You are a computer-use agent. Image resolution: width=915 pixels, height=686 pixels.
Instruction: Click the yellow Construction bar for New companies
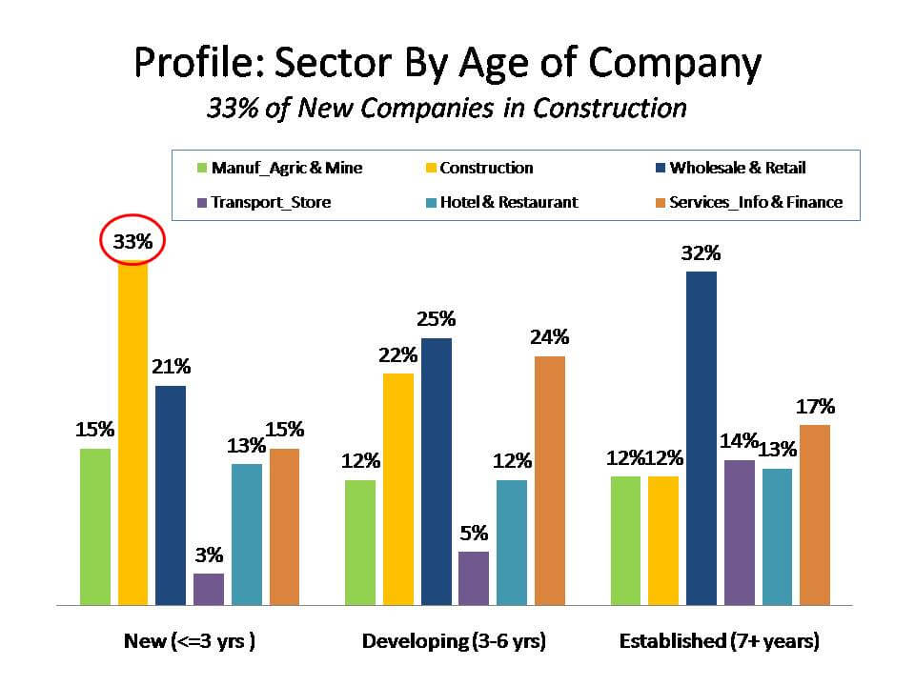pos(132,434)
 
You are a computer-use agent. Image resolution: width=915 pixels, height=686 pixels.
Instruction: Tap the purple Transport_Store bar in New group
pos(209,589)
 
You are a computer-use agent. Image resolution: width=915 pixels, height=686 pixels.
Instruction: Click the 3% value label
pos(209,555)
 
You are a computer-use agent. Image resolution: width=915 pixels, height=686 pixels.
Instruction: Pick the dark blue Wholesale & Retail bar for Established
pos(701,438)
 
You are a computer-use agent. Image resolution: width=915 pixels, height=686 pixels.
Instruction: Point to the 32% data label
pos(701,253)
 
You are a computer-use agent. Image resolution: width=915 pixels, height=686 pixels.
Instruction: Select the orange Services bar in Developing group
pos(549,480)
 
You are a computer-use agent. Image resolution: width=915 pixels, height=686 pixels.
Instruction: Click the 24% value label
pos(550,336)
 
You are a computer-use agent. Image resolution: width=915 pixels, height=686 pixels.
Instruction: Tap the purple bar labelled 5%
pos(474,577)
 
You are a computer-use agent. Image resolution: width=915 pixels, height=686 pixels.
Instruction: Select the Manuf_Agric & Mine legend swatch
pos(202,169)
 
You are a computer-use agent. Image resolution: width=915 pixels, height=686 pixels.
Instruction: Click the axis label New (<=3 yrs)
pos(190,641)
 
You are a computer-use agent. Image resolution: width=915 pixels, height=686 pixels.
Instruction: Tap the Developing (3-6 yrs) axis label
pos(454,641)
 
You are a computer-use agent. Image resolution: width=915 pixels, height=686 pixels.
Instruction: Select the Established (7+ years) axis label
pos(719,641)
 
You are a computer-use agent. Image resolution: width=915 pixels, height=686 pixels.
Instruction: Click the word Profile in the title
pos(196,63)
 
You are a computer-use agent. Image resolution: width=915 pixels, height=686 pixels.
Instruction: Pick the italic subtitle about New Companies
pos(447,108)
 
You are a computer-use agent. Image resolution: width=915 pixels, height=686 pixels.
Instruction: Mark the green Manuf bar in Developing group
pos(360,542)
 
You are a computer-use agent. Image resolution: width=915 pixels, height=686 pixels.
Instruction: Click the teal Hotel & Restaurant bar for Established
pos(777,536)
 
